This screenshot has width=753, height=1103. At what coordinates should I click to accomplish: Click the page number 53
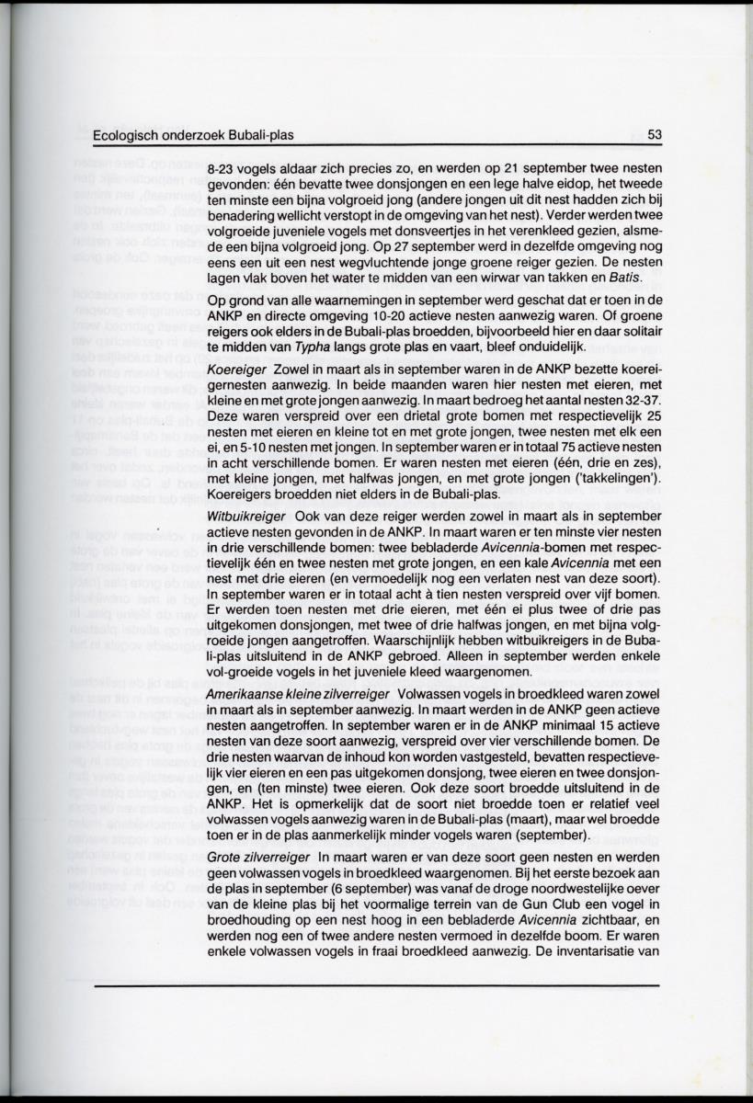pos(654,134)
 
